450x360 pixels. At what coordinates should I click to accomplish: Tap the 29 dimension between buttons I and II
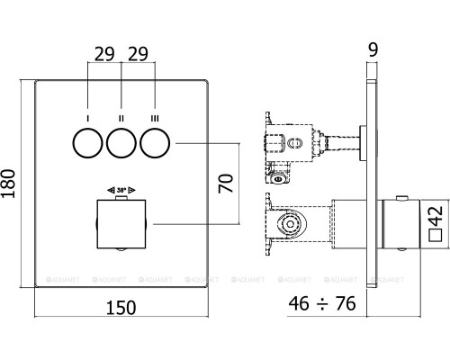(x=105, y=51)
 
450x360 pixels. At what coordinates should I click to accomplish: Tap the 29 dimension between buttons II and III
(x=139, y=51)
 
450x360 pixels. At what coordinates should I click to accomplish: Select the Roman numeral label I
(x=88, y=118)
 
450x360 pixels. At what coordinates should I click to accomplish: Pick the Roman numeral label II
(x=121, y=118)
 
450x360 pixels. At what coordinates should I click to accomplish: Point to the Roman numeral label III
(x=155, y=118)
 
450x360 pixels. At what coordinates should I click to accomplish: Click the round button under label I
(x=88, y=143)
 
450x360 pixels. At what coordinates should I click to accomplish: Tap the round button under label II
(x=121, y=143)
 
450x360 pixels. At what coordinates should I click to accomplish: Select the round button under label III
(x=155, y=143)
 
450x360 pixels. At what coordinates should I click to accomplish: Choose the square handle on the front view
(x=121, y=223)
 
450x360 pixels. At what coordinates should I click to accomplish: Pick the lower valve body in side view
(x=292, y=223)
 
